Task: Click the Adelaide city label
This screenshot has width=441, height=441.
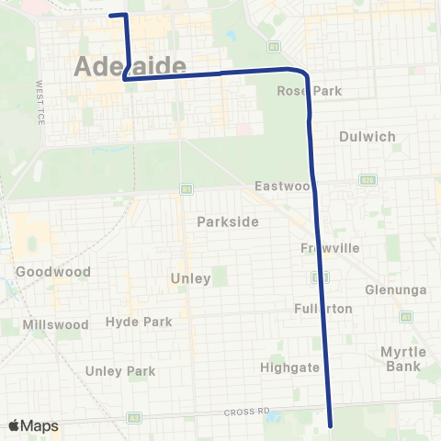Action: [x=128, y=67]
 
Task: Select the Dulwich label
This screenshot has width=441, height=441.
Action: [x=367, y=136]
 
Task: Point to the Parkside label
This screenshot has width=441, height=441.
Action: [x=227, y=221]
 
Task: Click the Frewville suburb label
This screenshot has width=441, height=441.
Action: [x=329, y=249]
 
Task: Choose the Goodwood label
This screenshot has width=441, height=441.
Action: [x=53, y=272]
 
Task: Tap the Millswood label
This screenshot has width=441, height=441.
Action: [x=57, y=324]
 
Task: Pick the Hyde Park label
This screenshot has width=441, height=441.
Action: [x=139, y=322]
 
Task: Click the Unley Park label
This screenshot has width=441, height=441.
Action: [x=120, y=371]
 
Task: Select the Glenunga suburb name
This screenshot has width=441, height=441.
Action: [x=396, y=289]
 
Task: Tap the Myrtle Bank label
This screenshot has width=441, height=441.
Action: [x=402, y=358]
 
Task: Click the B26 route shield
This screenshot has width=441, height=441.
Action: [x=367, y=179]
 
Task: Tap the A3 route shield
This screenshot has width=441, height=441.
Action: [x=135, y=417]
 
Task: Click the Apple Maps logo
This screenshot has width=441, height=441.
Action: [x=33, y=425]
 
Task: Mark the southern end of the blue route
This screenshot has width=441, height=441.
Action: [x=330, y=425]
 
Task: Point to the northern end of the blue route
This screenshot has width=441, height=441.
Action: [x=111, y=15]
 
